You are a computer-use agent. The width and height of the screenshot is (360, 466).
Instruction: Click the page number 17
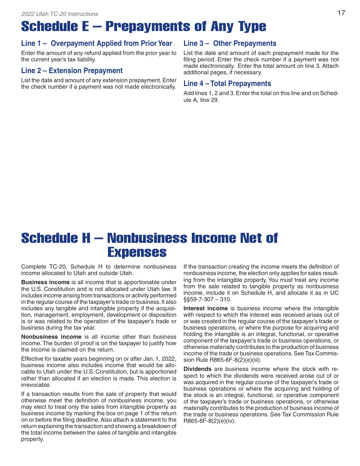click(341, 13)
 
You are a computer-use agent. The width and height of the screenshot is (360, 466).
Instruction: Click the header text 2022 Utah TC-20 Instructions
click(59, 14)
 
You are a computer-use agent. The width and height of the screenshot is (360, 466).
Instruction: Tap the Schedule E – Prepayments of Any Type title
click(144, 27)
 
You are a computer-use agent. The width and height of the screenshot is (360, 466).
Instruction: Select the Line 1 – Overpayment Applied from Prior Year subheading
click(97, 44)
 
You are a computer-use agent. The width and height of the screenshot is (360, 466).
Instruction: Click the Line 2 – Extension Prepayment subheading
click(72, 71)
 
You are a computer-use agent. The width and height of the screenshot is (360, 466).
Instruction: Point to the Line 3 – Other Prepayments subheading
click(230, 44)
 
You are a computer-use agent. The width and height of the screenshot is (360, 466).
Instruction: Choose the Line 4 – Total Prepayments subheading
click(227, 84)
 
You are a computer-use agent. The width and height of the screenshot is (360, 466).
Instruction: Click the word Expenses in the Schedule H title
click(137, 252)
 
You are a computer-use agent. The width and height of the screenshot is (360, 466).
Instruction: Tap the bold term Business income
click(45, 282)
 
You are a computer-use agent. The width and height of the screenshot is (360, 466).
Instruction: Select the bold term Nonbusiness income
click(51, 337)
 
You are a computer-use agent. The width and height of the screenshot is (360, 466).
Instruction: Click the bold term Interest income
click(206, 308)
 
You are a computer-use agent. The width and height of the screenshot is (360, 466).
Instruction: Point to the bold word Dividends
click(197, 369)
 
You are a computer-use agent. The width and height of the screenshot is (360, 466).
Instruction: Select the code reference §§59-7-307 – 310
click(207, 300)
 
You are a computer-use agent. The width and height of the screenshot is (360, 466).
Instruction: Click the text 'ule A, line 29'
click(201, 100)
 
